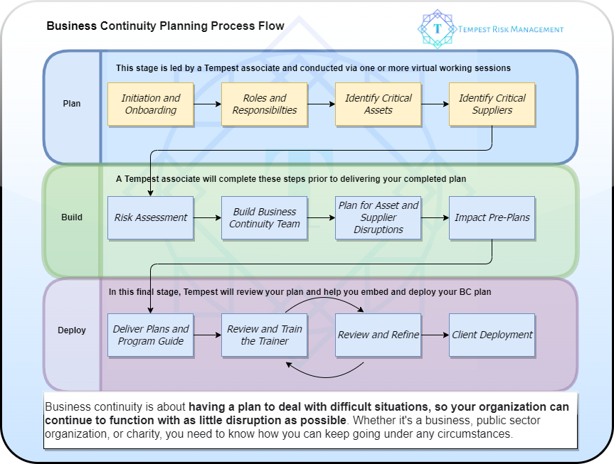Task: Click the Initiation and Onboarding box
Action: (x=150, y=104)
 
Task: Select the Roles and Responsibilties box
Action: (x=264, y=104)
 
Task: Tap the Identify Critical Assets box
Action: (x=378, y=104)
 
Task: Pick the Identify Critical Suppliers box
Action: (x=492, y=104)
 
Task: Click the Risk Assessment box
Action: (x=150, y=217)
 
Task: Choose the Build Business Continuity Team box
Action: (x=264, y=217)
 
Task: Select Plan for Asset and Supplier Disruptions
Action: (x=378, y=217)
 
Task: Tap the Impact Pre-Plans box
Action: (x=492, y=217)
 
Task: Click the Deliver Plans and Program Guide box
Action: (x=150, y=335)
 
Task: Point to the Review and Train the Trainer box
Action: (x=264, y=335)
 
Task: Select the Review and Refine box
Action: (x=378, y=335)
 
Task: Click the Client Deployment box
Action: (x=492, y=335)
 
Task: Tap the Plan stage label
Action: (x=72, y=104)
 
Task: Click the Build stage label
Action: (x=72, y=217)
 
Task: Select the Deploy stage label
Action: (x=72, y=330)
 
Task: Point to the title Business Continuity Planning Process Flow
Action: (x=165, y=26)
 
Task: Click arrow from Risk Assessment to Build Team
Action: (x=207, y=217)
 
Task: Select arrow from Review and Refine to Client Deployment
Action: (x=435, y=335)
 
